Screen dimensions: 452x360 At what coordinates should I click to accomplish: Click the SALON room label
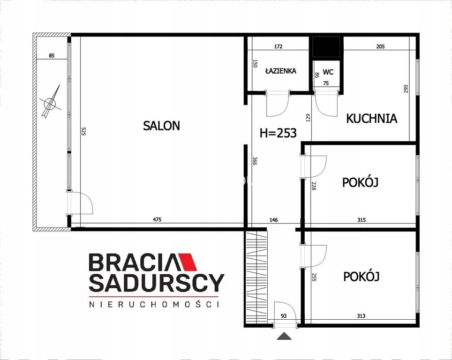tap(161, 126)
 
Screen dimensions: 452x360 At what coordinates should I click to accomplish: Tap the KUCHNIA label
tap(371, 119)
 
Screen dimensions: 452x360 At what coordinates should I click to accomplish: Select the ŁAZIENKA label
tap(280, 71)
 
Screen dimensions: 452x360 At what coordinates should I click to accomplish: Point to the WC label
tap(328, 72)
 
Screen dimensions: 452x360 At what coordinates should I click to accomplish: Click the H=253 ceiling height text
tap(278, 133)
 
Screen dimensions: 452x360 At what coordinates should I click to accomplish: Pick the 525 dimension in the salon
tap(83, 131)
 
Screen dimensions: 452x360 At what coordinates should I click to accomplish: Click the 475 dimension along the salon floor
tap(157, 220)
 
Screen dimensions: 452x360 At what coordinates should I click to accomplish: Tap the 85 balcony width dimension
tap(52, 56)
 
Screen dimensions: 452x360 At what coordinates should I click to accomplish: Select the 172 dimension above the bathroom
tap(278, 46)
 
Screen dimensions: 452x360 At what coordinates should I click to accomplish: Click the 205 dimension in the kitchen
tap(381, 46)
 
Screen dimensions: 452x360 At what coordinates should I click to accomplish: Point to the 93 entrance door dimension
tap(284, 316)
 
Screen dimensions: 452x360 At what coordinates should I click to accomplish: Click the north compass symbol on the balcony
tap(51, 102)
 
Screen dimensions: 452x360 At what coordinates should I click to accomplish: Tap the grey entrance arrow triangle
tap(284, 336)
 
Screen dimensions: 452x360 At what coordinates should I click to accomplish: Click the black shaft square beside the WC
tap(326, 46)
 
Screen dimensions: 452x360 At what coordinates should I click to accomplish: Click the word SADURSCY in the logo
tap(157, 283)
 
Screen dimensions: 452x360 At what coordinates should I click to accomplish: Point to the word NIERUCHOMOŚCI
tap(154, 304)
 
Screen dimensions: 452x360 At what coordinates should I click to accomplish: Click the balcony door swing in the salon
tap(82, 203)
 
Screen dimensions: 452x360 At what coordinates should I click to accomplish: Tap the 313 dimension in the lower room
tap(361, 316)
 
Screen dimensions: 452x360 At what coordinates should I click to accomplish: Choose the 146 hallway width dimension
tap(273, 220)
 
